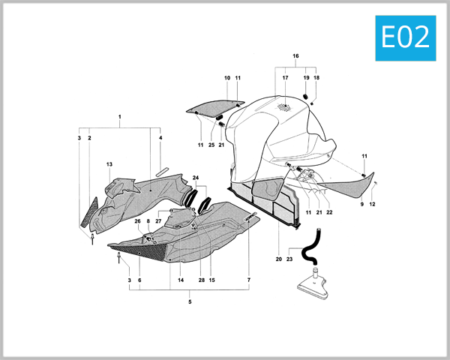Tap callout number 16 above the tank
click(295, 56)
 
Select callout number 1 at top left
click(119, 118)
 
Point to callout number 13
click(109, 164)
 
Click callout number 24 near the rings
click(196, 178)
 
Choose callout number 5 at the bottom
click(190, 301)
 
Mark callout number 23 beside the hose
click(289, 259)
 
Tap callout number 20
click(279, 259)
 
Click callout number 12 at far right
click(372, 204)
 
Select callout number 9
click(361, 204)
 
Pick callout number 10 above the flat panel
click(226, 78)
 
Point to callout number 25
click(211, 144)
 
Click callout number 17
click(285, 78)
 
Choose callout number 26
click(138, 221)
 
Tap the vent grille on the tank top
click(283, 106)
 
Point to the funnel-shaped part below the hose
click(315, 283)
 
